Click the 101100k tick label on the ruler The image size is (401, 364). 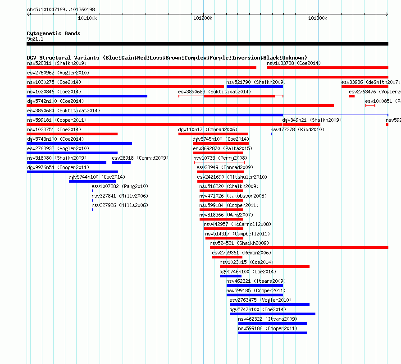coord(87,18)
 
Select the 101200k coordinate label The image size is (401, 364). coord(203,18)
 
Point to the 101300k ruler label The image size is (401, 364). coord(318,18)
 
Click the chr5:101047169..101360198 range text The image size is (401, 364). coord(61,9)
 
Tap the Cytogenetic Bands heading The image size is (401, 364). coord(54,33)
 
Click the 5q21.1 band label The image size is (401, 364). coord(35,39)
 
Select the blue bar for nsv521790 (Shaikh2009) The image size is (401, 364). coord(255,87)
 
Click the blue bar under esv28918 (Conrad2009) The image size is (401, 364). coord(121,162)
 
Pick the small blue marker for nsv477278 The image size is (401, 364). coord(271,134)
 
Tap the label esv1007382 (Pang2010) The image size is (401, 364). coord(120,186)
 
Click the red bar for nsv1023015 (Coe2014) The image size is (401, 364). coord(264,267)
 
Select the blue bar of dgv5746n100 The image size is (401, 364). coord(230,276)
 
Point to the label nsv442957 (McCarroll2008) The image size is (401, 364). coord(237,224)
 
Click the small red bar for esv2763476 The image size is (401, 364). coord(352,96)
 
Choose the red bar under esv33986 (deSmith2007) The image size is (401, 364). coord(365,87)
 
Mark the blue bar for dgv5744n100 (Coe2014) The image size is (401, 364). coord(92,181)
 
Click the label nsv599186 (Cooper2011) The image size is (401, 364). coord(268,328)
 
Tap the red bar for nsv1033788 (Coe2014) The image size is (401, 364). coord(328,68)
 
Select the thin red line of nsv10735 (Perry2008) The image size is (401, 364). coord(219,162)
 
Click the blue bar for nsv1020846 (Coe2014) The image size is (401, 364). coord(87,96)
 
